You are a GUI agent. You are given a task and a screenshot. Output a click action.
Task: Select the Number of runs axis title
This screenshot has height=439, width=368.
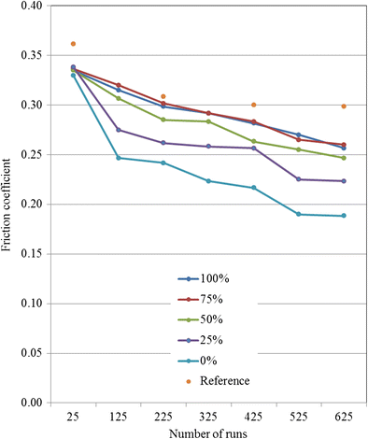click(x=207, y=432)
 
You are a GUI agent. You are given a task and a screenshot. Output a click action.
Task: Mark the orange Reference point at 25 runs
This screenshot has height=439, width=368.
click(x=73, y=44)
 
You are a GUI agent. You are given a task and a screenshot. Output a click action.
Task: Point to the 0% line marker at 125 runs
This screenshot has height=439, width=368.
click(x=118, y=158)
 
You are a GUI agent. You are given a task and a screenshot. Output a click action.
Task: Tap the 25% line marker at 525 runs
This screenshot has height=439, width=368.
click(x=298, y=179)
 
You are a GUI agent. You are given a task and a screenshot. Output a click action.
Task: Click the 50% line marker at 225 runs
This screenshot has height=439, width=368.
click(x=163, y=120)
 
